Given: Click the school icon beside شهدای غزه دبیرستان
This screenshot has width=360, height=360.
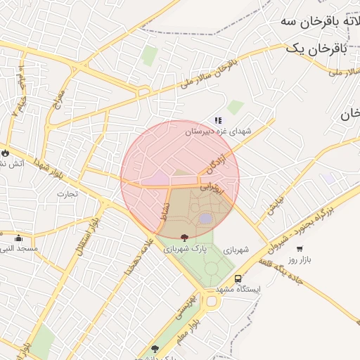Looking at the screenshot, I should tap(218, 121).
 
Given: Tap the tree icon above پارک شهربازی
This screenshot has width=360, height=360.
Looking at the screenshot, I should tap(184, 238).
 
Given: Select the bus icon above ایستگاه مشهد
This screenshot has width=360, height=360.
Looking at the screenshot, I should tap(238, 278).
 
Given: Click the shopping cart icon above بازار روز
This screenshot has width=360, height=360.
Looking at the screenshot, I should tap(300, 249).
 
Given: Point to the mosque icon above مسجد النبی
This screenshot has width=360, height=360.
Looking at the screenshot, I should tap(18, 238).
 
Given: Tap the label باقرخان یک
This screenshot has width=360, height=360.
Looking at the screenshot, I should tap(316, 47).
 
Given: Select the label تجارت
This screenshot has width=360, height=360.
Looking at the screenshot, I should tap(67, 193).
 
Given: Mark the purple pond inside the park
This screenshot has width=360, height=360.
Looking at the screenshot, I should tap(205, 219).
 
